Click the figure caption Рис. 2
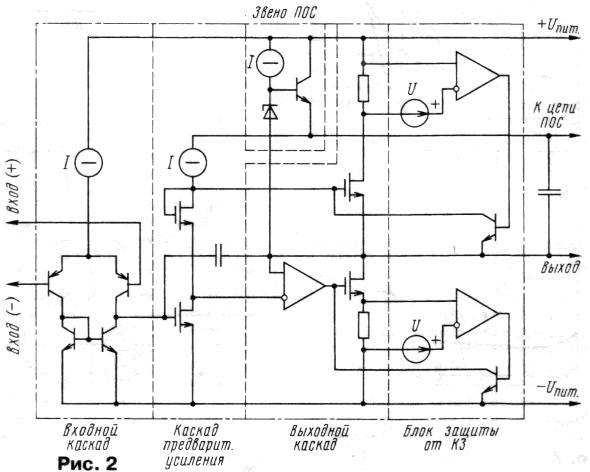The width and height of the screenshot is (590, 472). pyautogui.click(x=87, y=463)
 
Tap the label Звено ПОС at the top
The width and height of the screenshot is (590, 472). pyautogui.click(x=284, y=13)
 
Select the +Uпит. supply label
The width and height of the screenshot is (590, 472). pyautogui.click(x=559, y=26)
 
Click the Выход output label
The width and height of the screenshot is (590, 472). pyautogui.click(x=560, y=268)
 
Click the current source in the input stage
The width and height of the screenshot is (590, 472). pyautogui.click(x=88, y=163)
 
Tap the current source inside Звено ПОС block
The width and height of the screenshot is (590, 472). pyautogui.click(x=270, y=63)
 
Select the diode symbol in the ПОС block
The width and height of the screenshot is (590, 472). pyautogui.click(x=270, y=112)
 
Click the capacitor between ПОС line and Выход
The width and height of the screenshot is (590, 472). pyautogui.click(x=549, y=192)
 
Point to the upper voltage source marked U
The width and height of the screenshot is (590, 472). pyautogui.click(x=415, y=113)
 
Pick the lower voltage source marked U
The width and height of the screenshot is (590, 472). pyautogui.click(x=416, y=349)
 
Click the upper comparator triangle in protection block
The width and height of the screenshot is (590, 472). pyautogui.click(x=477, y=76)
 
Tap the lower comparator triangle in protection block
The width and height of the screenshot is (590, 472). pyautogui.click(x=477, y=314)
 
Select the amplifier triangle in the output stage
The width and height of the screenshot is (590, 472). pyautogui.click(x=304, y=286)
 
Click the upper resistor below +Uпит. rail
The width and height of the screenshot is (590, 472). pyautogui.click(x=363, y=88)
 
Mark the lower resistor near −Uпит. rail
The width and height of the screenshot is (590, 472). pyautogui.click(x=363, y=325)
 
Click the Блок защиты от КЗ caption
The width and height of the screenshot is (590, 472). pyautogui.click(x=451, y=438)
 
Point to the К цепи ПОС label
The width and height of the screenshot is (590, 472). pyautogui.click(x=555, y=115)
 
